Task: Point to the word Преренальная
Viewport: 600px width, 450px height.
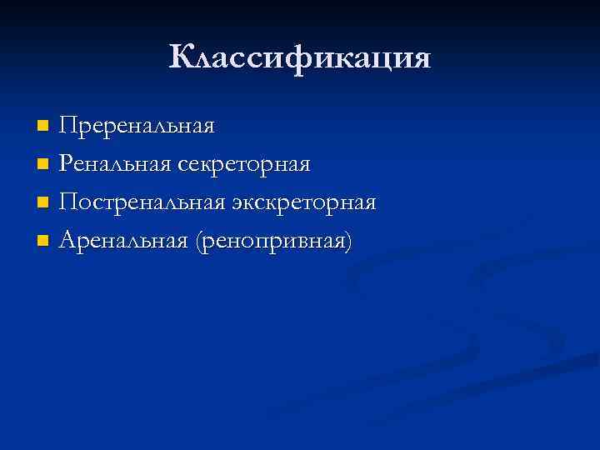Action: click(137, 126)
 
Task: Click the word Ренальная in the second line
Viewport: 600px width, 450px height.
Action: click(114, 164)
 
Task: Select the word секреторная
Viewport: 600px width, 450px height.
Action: click(242, 165)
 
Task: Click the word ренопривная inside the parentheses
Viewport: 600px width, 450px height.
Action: click(272, 242)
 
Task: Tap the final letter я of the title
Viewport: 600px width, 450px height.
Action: click(421, 60)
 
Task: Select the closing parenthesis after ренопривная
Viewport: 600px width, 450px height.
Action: click(347, 242)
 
